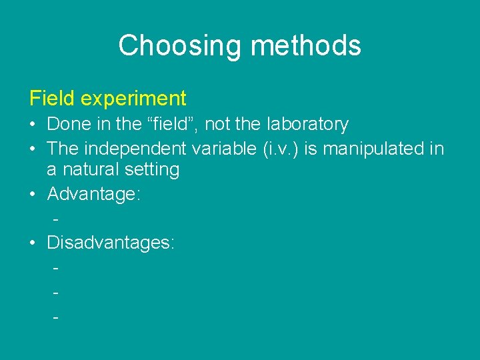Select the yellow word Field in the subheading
coord(52,99)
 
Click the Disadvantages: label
coord(111,243)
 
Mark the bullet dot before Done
coord(33,125)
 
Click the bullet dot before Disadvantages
coord(33,243)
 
